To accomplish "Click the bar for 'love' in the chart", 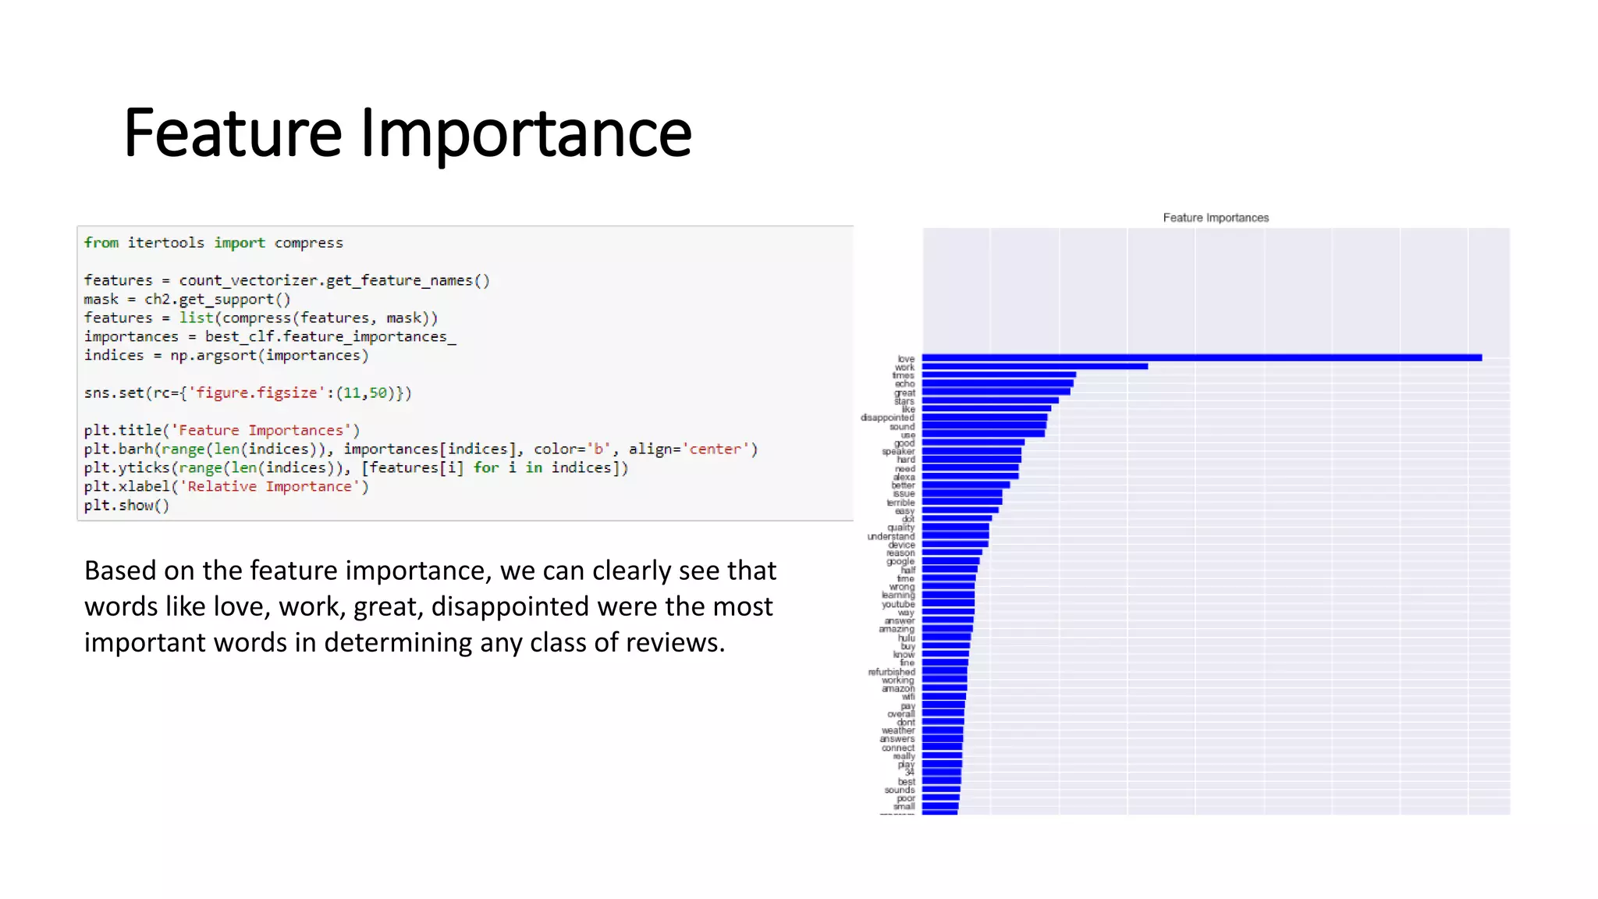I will pos(1202,358).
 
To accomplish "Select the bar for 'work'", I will pos(1035,367).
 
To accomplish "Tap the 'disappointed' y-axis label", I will pos(887,418).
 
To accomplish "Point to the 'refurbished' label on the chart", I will pos(891,672).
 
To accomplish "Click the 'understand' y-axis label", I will pos(890,536).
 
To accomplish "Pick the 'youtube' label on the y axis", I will pos(898,604).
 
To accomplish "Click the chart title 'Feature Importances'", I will pos(1215,218).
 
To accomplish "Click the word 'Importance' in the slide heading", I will pos(525,133).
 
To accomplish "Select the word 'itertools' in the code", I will pos(165,243).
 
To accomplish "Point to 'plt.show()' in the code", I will pos(126,505).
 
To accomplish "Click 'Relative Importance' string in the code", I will pos(269,486).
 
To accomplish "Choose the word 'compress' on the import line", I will pos(308,243).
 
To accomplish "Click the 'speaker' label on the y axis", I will pos(898,451).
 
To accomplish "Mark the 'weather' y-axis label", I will pos(898,730).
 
